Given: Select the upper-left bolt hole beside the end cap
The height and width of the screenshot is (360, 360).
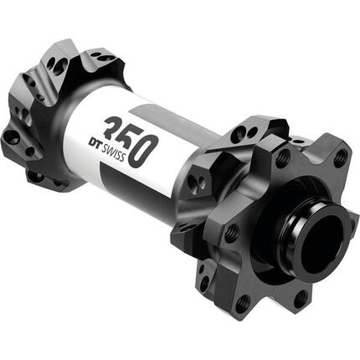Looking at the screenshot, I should click(282, 154).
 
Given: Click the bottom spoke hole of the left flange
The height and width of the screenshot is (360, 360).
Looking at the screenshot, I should click(38, 175).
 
